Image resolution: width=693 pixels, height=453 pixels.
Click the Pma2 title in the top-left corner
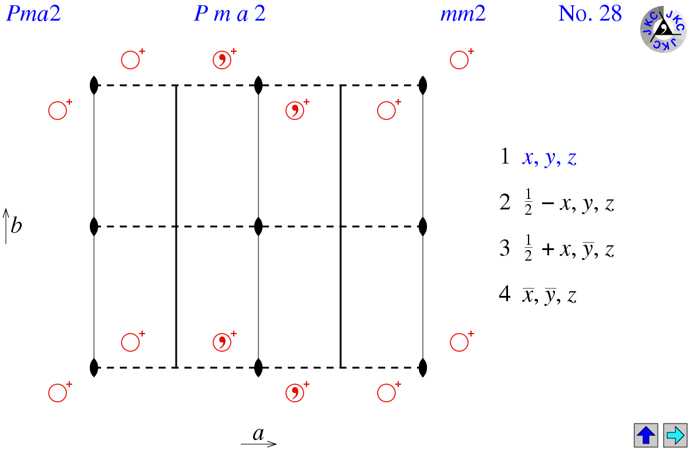(x=33, y=14)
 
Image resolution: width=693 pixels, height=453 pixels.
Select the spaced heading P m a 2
(x=230, y=14)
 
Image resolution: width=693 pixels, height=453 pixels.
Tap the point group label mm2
(x=463, y=14)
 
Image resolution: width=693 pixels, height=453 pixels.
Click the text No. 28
(x=590, y=14)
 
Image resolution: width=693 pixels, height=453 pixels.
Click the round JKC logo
(x=663, y=29)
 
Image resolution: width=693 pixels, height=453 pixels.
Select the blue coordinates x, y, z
(x=549, y=158)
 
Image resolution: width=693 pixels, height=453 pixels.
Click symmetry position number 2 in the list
(x=504, y=203)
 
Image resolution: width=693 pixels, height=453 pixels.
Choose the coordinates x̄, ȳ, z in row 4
(x=549, y=295)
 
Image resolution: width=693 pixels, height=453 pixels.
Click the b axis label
(x=16, y=226)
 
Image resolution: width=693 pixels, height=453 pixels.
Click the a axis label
(x=258, y=434)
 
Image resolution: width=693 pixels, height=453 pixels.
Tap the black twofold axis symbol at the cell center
(x=258, y=226)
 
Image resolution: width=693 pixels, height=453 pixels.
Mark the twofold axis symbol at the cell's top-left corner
(x=94, y=85)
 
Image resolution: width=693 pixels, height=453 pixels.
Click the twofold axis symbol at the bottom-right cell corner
(x=423, y=368)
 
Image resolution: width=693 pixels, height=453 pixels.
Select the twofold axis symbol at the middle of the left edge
(x=94, y=226)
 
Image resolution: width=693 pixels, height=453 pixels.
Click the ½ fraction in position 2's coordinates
(x=528, y=203)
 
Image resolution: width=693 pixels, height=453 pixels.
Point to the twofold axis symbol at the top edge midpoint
(x=258, y=85)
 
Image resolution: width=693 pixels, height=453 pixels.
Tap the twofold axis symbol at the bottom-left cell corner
(x=94, y=368)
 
